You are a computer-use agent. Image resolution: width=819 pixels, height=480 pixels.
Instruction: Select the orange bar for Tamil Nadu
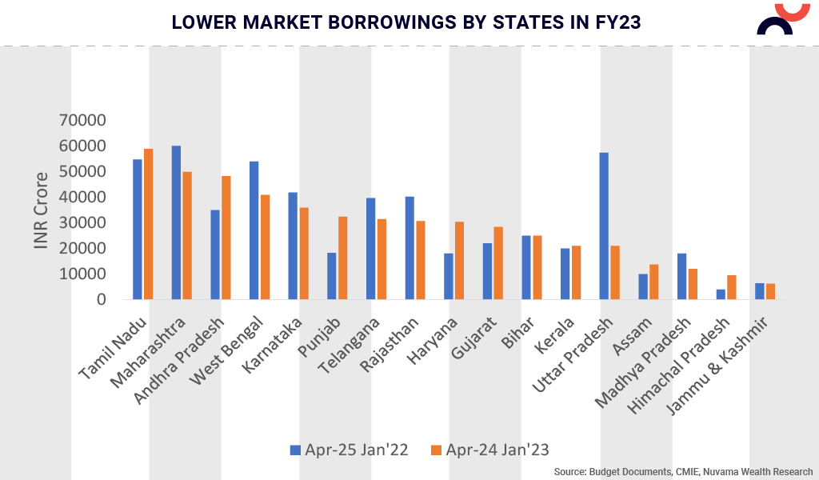tap(148, 224)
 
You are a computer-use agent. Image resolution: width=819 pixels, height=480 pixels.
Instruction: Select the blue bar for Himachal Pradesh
tap(720, 294)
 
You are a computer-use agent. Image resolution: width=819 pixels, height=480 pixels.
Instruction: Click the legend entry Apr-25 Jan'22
tap(349, 450)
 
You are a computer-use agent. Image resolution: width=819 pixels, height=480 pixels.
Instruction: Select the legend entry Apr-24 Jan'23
tap(489, 450)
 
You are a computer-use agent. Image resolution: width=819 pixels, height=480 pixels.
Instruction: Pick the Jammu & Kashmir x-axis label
tap(718, 364)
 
